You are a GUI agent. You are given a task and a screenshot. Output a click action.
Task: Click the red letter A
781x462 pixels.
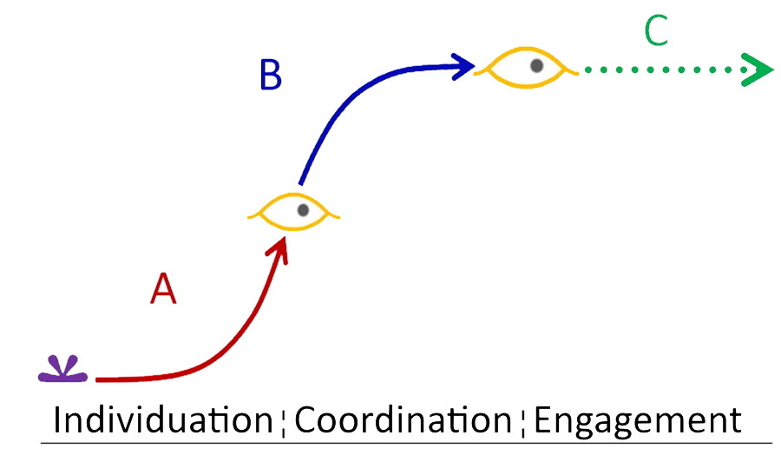(163, 288)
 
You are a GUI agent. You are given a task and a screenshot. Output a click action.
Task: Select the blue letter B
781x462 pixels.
(271, 75)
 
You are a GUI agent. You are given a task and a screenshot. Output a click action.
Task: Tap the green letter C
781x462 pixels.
(656, 30)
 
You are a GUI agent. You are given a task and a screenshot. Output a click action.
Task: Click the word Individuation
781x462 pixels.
(163, 419)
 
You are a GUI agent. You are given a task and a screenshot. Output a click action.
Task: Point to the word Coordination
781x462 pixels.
(403, 419)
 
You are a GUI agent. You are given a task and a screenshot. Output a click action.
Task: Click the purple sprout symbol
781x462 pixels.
(62, 369)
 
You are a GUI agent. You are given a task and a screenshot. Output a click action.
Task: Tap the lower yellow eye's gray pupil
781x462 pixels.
(303, 210)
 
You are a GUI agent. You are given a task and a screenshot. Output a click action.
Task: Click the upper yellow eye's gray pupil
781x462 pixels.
(536, 65)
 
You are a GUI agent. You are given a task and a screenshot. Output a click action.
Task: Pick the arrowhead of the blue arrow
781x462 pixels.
(463, 66)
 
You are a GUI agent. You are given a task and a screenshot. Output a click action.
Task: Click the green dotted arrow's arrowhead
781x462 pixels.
(757, 69)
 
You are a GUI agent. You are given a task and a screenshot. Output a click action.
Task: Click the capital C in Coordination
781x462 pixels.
(305, 419)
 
